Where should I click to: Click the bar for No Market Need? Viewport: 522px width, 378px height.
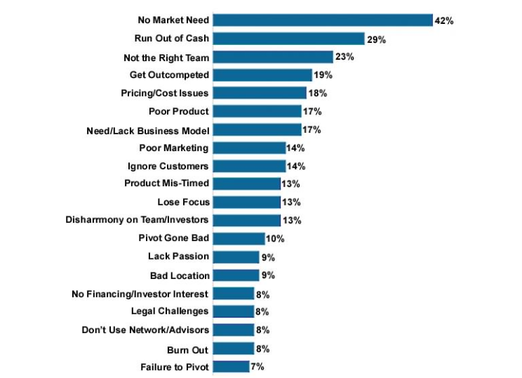point(323,20)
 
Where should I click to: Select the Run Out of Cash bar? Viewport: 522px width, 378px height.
point(288,39)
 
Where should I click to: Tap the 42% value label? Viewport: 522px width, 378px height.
point(444,21)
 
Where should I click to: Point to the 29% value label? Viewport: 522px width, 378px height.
point(376,40)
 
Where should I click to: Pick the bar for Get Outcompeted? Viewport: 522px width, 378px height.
point(262,75)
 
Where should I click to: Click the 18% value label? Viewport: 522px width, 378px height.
point(318,93)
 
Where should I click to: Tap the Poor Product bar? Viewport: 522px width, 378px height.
point(257,111)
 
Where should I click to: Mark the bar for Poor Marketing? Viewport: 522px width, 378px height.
point(249,148)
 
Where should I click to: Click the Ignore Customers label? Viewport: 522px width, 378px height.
point(168,166)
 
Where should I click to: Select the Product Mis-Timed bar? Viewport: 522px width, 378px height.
point(246,184)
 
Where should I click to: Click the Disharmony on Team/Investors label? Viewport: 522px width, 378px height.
point(137,221)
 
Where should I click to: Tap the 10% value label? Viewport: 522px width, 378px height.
point(275,239)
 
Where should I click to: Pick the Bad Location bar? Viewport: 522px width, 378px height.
point(236,275)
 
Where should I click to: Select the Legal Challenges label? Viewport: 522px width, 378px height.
point(170,311)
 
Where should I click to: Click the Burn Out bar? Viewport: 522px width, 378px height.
point(233,348)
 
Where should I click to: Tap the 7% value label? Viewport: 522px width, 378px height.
point(257,367)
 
